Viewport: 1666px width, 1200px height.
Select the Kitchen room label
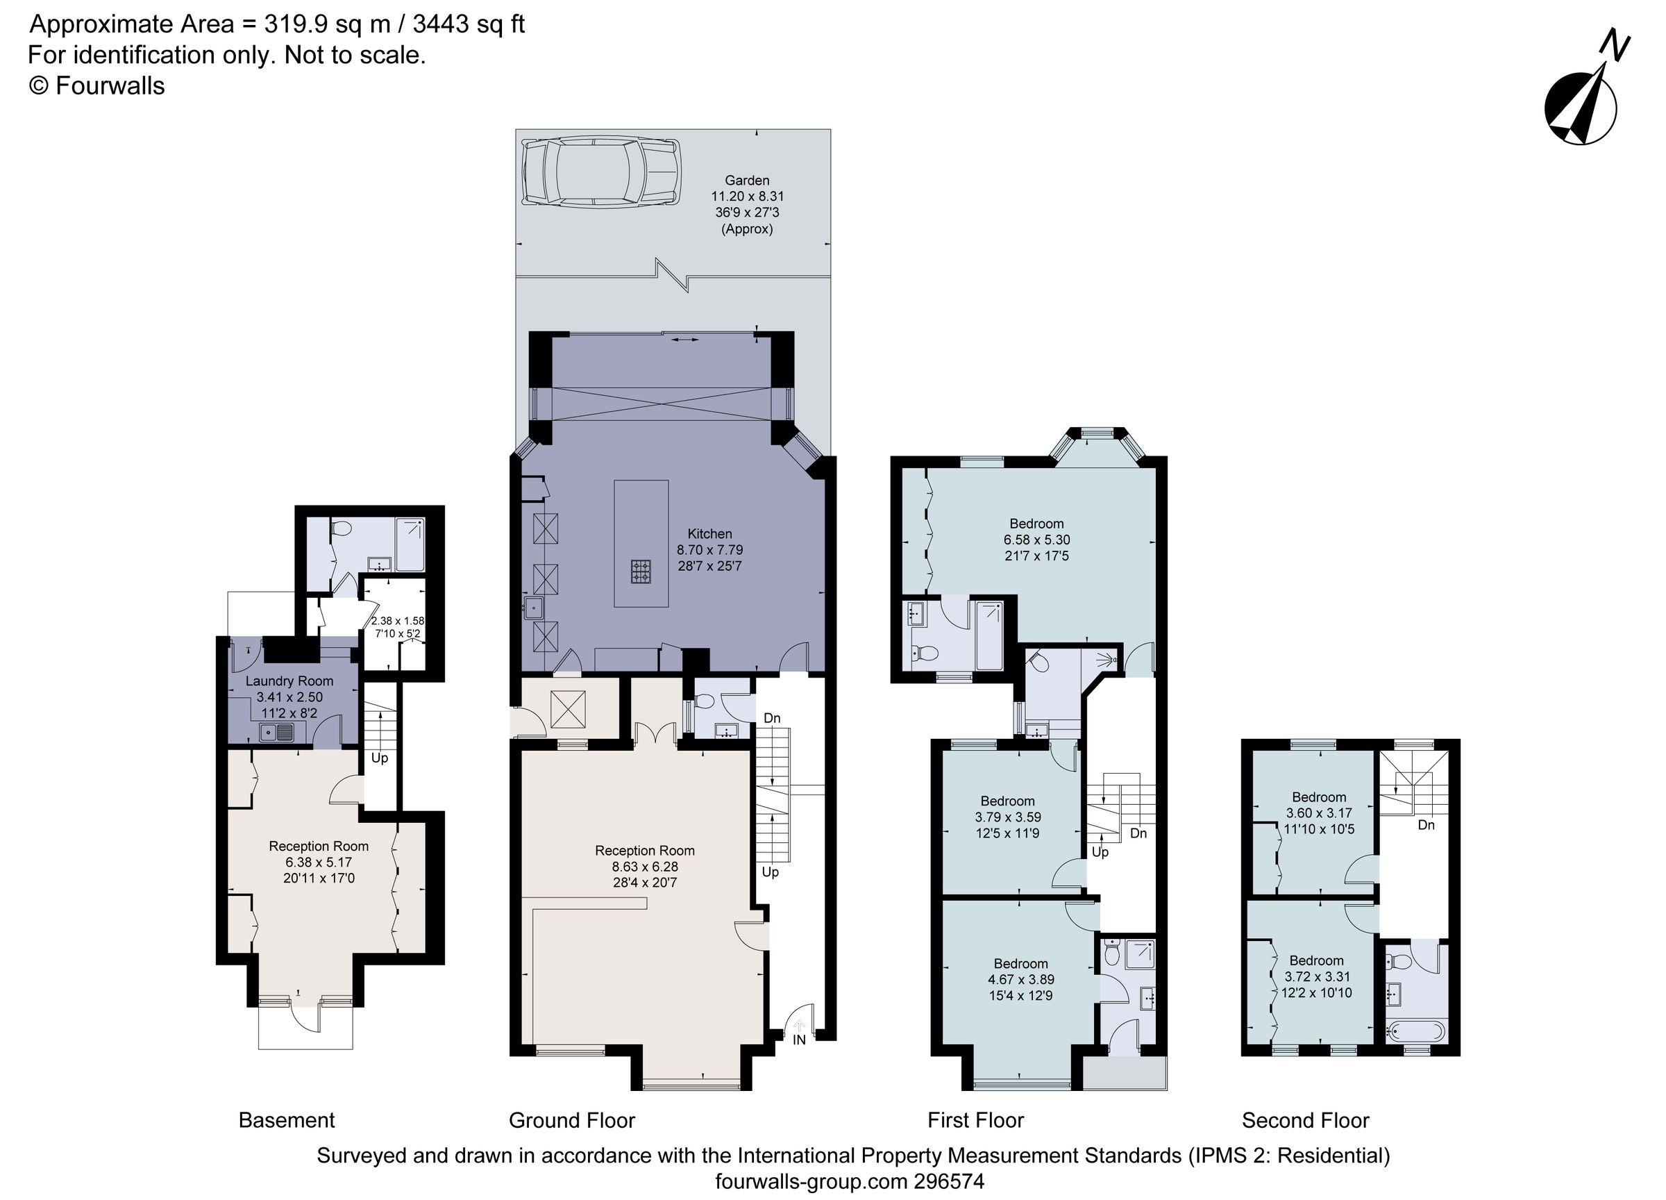[x=709, y=534]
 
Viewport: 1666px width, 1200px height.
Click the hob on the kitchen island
[x=641, y=571]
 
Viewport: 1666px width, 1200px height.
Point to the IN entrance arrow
[x=799, y=1026]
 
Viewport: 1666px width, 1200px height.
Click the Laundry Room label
[x=289, y=681]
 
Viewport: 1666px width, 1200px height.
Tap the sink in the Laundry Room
[x=276, y=732]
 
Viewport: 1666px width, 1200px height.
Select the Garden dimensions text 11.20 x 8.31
[x=747, y=197]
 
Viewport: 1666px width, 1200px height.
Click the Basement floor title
[x=287, y=1120]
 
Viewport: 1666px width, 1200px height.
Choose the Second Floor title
[x=1305, y=1120]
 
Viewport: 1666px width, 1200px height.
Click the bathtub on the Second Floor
[x=1415, y=1032]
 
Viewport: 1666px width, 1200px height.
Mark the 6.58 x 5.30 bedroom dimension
[x=1036, y=540]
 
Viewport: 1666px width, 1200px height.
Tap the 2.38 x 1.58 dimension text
[x=397, y=621]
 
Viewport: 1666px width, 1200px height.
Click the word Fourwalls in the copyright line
[x=110, y=86]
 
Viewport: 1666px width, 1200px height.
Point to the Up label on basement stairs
[x=379, y=758]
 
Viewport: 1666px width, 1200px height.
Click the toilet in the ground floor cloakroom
[x=704, y=702]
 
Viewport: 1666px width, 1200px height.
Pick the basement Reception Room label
[x=318, y=846]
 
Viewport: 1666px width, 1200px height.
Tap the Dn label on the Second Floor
[x=1426, y=825]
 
